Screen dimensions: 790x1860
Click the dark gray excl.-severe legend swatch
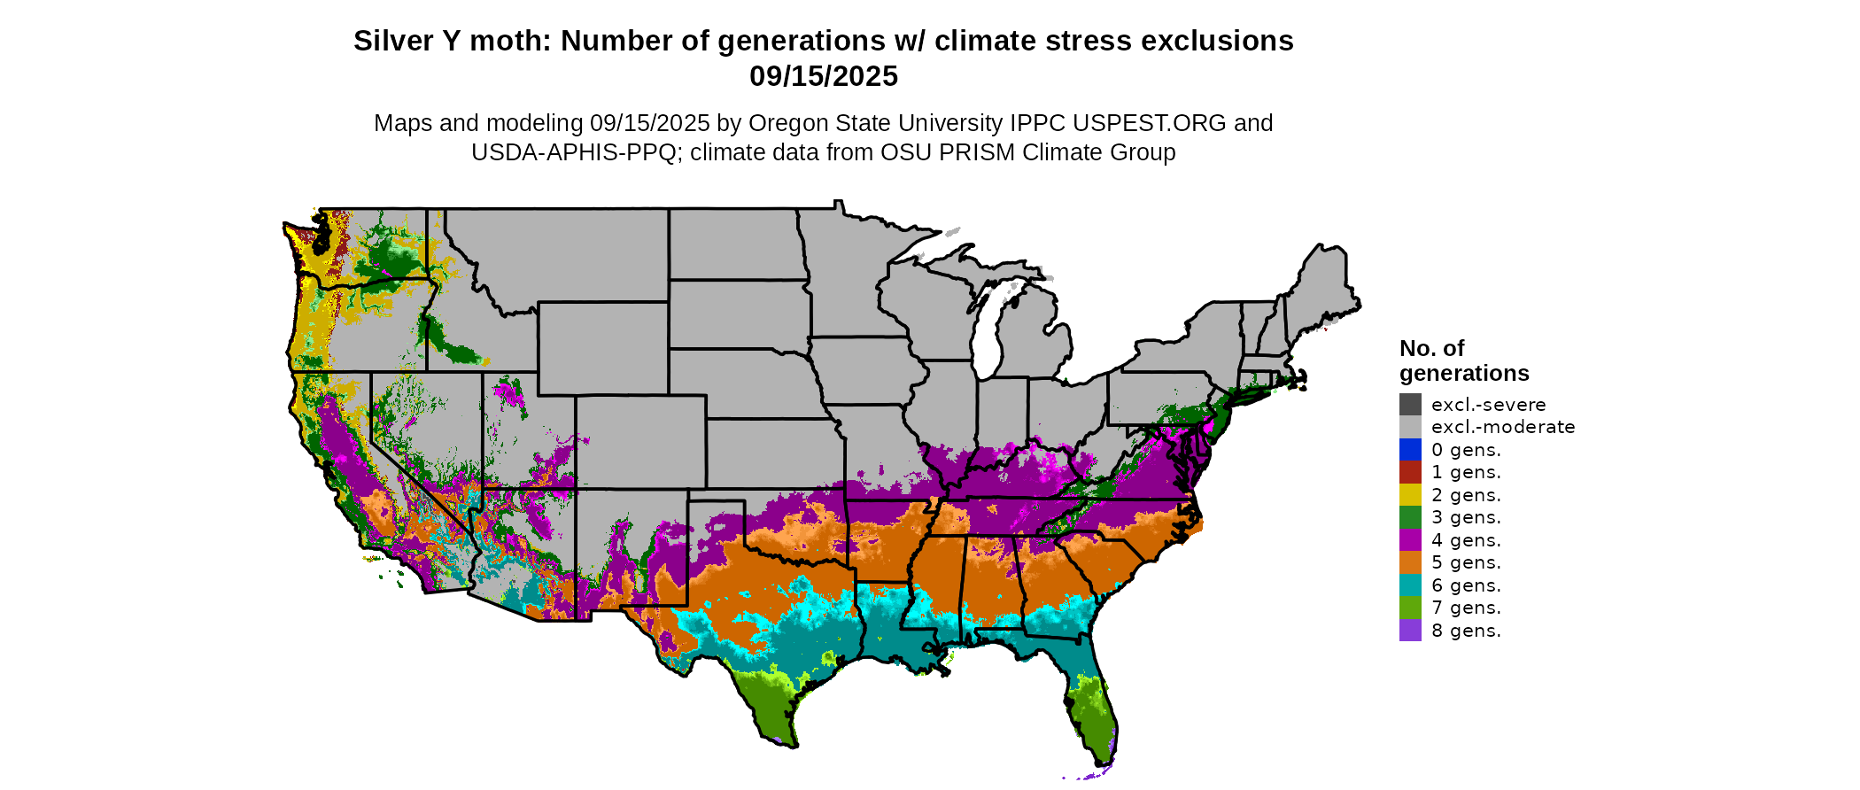(1410, 405)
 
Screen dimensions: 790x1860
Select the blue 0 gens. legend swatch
(1410, 450)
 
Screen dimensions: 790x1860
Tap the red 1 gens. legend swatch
(1410, 472)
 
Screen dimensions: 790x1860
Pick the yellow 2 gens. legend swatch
(1410, 495)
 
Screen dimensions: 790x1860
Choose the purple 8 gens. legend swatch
(1410, 631)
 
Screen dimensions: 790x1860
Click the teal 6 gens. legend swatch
(1410, 585)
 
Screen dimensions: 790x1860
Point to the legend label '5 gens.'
(1466, 562)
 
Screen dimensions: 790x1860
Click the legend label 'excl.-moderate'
(1503, 427)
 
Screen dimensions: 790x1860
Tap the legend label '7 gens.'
(1466, 608)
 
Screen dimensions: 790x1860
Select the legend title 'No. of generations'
(1463, 360)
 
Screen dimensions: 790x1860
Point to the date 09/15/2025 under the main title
(824, 77)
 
